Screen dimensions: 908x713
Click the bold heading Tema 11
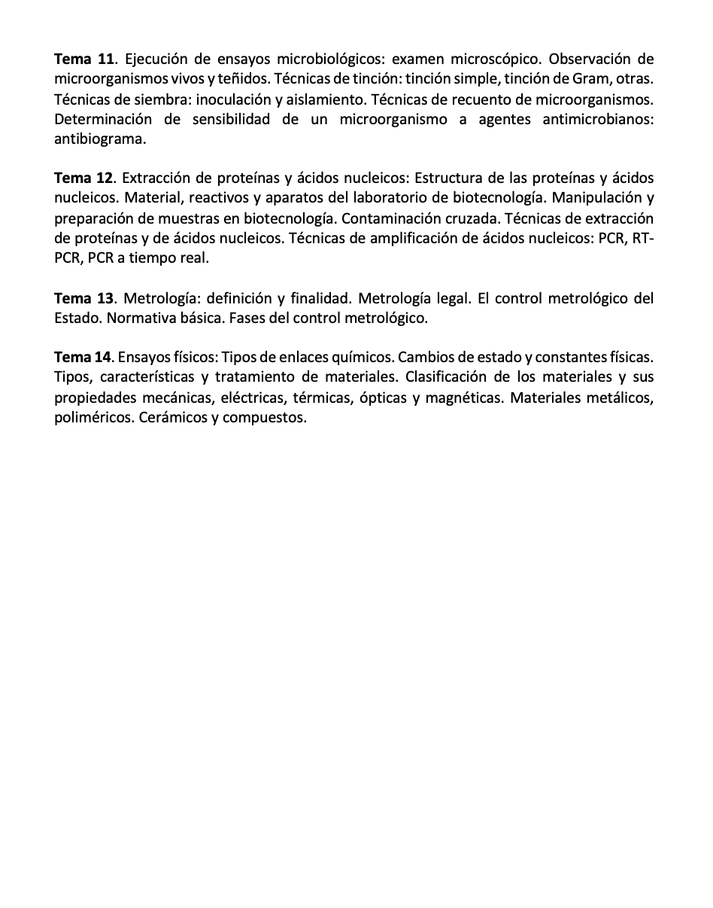pyautogui.click(x=84, y=59)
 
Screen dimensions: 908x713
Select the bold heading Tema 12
pyautogui.click(x=84, y=178)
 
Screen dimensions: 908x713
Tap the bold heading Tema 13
pyautogui.click(x=84, y=298)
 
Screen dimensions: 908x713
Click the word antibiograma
pyautogui.click(x=99, y=139)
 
